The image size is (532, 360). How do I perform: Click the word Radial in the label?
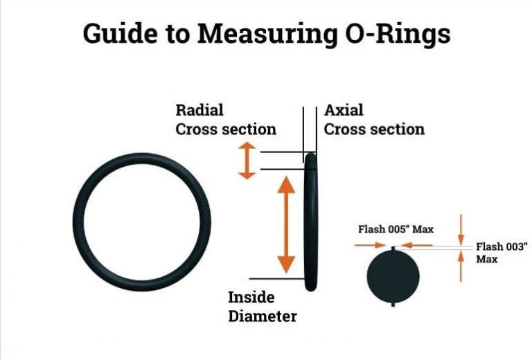coord(199,110)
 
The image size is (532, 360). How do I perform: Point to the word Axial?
coord(344,110)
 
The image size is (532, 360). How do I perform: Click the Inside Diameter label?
coord(263,307)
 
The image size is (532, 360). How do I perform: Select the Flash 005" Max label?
coord(396,229)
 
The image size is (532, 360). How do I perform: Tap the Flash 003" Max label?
coord(502,252)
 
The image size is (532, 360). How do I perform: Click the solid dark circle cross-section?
coord(393,276)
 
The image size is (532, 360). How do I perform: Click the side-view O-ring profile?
coord(312,222)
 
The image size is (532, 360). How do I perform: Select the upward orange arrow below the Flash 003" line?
coord(461,267)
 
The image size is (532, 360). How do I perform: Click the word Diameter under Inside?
coord(263,316)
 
